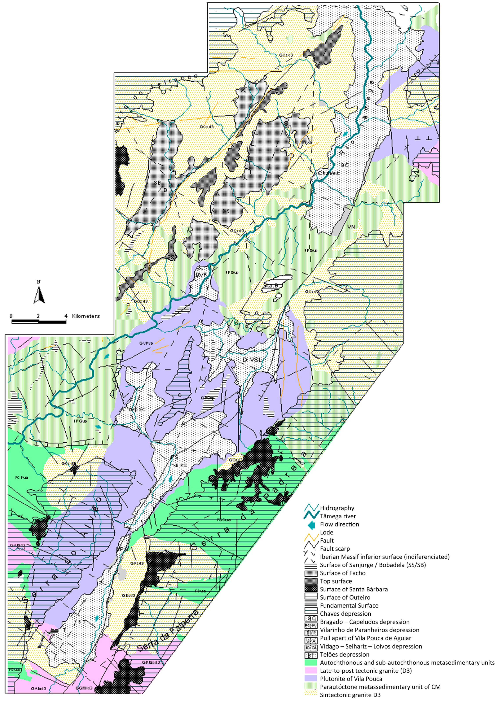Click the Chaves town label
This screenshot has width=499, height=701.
(x=328, y=173)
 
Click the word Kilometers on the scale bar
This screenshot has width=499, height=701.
(x=86, y=316)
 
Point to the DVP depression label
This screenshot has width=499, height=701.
(x=201, y=274)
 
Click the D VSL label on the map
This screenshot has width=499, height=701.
(x=253, y=360)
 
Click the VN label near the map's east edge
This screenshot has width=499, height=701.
(x=351, y=227)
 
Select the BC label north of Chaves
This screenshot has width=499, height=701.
(x=345, y=165)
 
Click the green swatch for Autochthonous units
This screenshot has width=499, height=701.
(x=311, y=663)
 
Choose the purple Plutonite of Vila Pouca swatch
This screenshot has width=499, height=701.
(x=311, y=679)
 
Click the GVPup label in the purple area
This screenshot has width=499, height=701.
(x=146, y=343)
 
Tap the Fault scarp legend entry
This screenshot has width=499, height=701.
(x=335, y=549)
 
